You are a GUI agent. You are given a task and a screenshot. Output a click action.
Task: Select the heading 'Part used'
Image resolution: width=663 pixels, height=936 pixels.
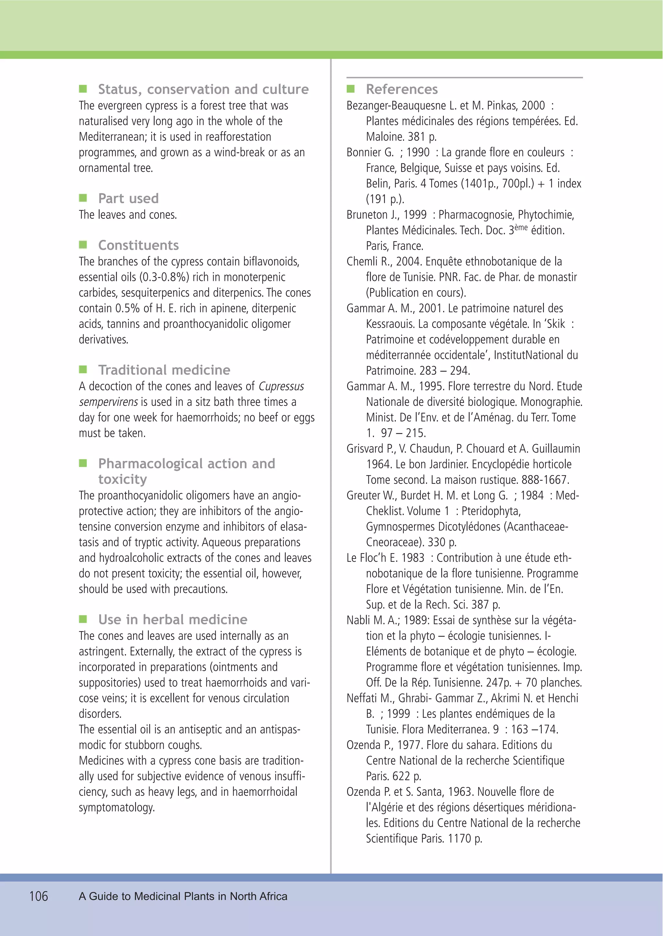click(128, 198)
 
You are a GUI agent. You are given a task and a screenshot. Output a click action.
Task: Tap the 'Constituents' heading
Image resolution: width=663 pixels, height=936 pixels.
click(139, 245)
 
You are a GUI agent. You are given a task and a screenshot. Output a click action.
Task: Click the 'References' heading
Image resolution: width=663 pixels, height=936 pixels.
click(402, 89)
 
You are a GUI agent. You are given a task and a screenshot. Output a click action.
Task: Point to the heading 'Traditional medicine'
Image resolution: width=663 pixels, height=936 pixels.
click(164, 370)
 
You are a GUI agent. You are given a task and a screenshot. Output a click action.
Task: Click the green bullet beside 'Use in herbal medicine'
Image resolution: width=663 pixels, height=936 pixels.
click(83, 619)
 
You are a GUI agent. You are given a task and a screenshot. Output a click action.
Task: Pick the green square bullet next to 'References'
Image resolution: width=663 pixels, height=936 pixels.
click(351, 89)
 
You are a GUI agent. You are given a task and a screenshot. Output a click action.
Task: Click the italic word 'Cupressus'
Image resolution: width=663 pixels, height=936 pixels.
click(281, 386)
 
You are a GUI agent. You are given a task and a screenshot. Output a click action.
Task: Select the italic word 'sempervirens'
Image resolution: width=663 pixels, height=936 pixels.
click(108, 402)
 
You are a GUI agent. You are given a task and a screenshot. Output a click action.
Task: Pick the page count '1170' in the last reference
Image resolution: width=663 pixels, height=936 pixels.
click(459, 839)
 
